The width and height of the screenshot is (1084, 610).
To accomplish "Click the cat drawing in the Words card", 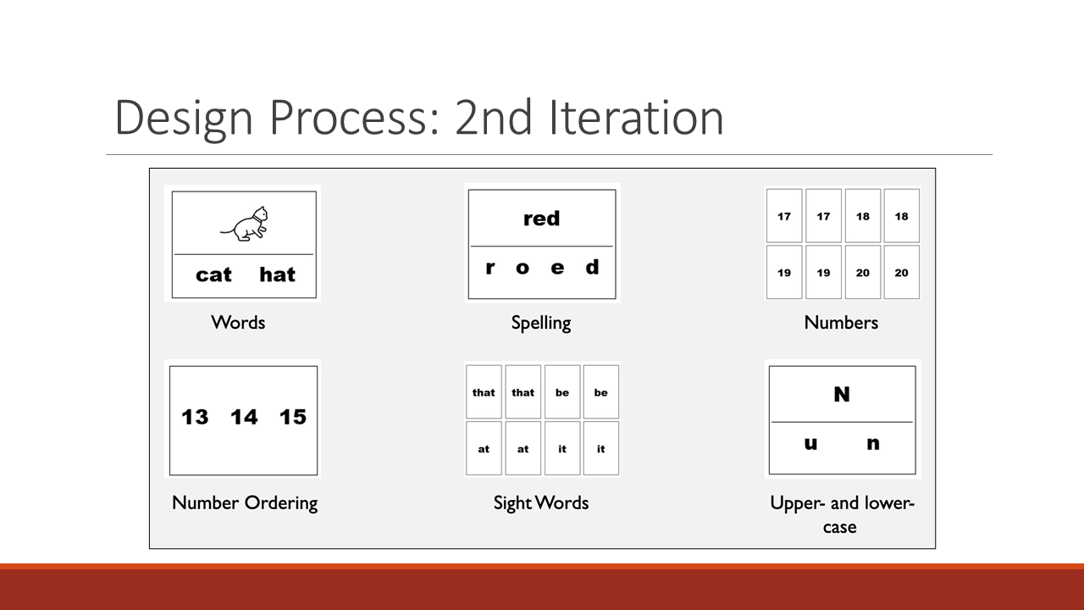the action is click(x=245, y=224).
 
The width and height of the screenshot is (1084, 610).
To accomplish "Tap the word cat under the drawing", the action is click(x=213, y=275).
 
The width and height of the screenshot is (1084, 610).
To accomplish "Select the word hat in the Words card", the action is click(x=277, y=274).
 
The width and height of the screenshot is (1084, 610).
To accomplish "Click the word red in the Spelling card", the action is click(x=541, y=219).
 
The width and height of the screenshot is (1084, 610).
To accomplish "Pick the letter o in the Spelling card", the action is click(x=523, y=268).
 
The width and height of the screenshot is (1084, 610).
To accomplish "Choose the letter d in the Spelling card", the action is click(x=592, y=267).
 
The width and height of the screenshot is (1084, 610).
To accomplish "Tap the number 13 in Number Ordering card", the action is click(x=195, y=417).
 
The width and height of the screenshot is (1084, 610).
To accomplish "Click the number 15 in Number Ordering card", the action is click(x=293, y=417).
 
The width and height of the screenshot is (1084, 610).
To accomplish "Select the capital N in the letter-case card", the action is click(x=842, y=395).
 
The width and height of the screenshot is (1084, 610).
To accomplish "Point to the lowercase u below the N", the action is click(x=811, y=443).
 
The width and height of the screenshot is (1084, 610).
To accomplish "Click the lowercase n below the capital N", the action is click(x=873, y=443).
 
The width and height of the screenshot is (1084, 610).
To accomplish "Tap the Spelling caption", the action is click(x=541, y=324).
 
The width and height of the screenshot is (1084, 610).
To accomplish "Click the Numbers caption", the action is click(x=841, y=323).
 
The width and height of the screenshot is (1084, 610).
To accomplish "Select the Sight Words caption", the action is click(x=541, y=503).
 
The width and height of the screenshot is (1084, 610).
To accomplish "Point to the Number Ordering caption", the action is click(x=245, y=503).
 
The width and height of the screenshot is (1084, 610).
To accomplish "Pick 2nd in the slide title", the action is click(x=494, y=118).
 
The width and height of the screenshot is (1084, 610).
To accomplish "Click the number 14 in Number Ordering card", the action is click(x=244, y=417).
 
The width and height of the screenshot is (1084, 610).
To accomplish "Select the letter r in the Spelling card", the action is click(x=490, y=268).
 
